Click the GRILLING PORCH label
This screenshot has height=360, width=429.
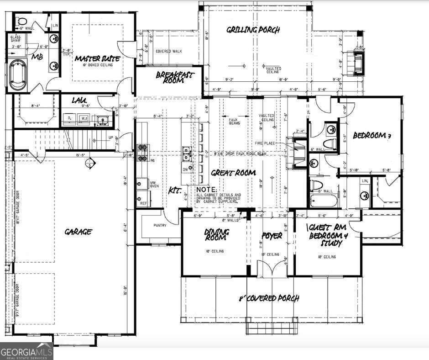point(253,31)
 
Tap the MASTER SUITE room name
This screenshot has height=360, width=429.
point(97,58)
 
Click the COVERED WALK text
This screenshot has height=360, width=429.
point(169,51)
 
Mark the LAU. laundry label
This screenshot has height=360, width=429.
point(79,100)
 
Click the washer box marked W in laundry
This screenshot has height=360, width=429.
point(84,118)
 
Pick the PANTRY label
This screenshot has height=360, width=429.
point(160,225)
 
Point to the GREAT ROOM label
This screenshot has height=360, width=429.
point(233,173)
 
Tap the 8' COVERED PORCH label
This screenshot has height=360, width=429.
point(269,298)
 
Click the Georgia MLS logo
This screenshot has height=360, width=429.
point(26,351)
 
